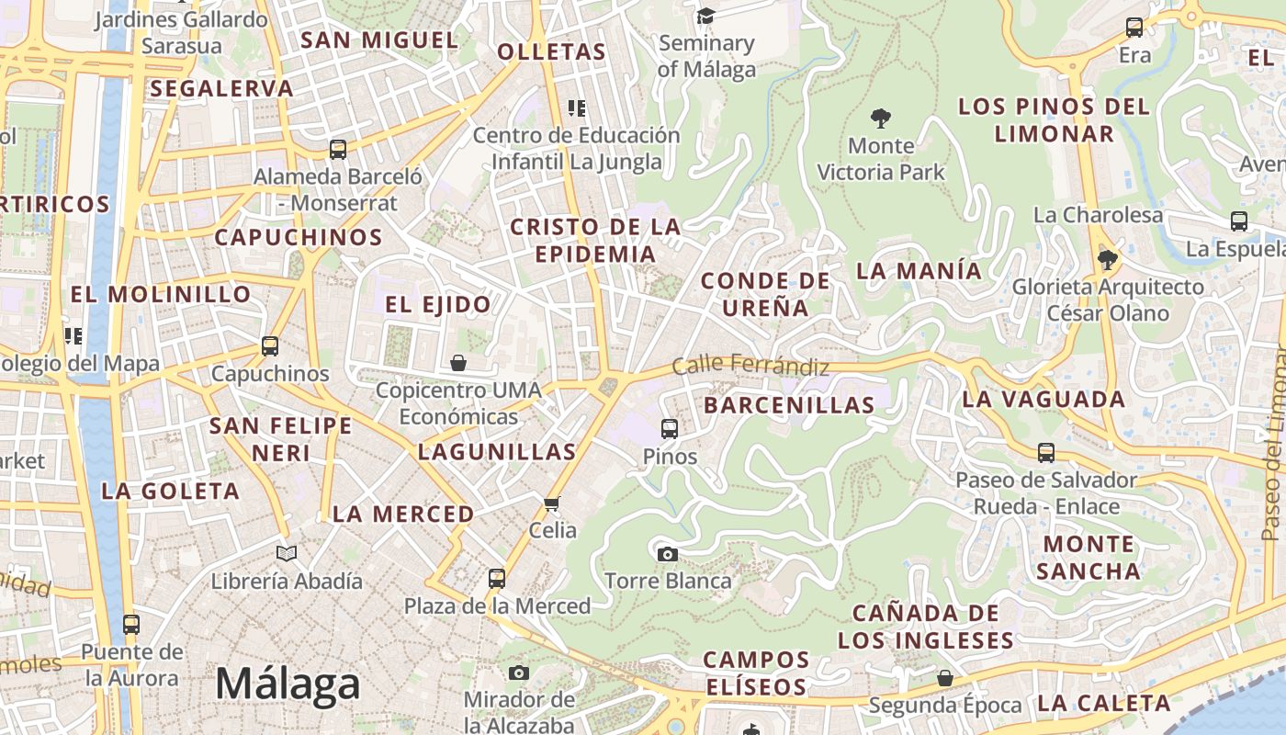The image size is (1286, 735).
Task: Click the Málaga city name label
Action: pos(288,684)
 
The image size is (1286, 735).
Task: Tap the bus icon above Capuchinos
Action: pos(269,346)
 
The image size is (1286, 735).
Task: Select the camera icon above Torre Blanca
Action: pos(668,553)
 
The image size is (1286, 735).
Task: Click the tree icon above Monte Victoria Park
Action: pos(880,118)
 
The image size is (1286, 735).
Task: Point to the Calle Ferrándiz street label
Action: pos(750,366)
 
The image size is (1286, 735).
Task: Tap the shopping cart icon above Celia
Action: pos(551,503)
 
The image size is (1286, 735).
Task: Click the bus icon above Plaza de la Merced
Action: pos(497,578)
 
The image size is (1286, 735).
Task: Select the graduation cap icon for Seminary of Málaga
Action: pos(705,16)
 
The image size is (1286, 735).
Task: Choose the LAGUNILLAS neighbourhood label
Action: pos(497,451)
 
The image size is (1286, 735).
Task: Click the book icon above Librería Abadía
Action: pos(287,553)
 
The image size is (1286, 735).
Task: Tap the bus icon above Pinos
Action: pos(670,428)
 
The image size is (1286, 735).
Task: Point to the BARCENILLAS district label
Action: pos(789,405)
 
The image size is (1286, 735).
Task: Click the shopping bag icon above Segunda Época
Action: pos(944,678)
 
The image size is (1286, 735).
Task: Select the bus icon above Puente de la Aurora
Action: pos(131,625)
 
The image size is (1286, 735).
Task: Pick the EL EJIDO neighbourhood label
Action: pos(437,304)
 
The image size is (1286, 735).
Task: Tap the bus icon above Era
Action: pos(1134,28)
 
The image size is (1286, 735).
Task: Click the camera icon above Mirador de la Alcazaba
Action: pos(519,673)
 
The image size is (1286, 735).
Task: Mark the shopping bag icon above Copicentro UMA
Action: pos(458,363)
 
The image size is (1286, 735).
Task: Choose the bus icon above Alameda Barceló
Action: pos(338,149)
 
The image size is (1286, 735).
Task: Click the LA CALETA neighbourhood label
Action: pos(1103,704)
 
